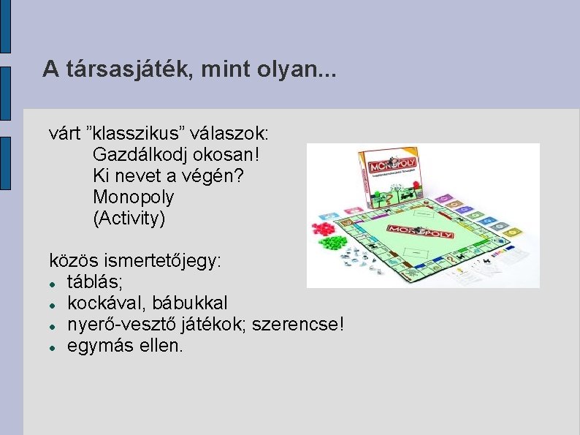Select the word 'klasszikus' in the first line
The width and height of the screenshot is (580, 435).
click(139, 134)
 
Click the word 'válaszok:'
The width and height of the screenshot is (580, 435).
click(233, 134)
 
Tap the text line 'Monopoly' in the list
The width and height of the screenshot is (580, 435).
click(134, 197)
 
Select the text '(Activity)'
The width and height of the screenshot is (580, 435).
click(129, 219)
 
